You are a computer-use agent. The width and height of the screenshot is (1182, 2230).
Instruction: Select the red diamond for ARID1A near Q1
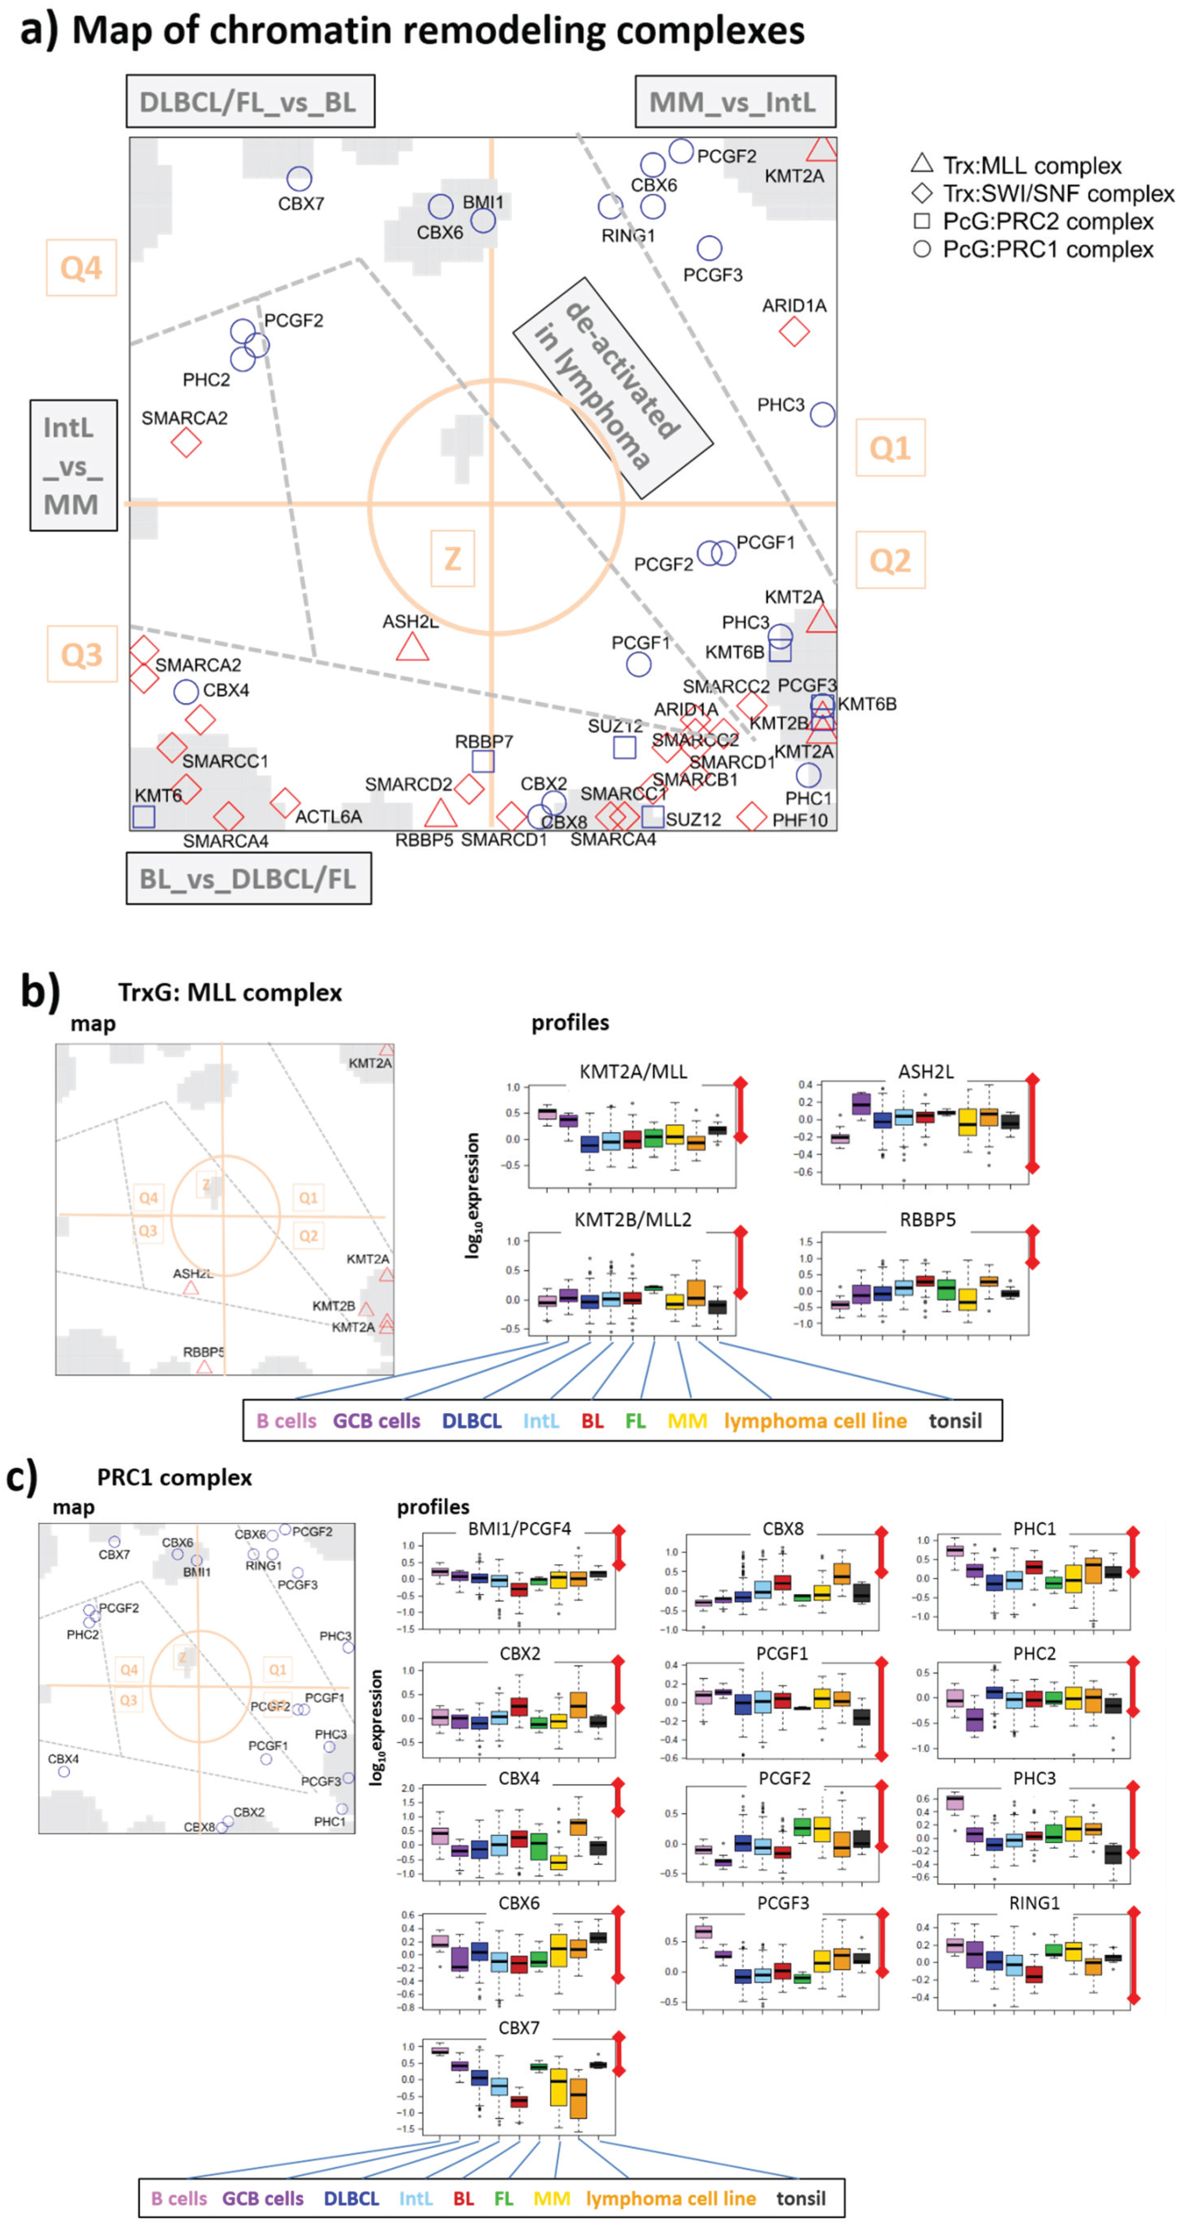coord(794,331)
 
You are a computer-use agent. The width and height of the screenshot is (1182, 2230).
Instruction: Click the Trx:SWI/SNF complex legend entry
coord(1057,194)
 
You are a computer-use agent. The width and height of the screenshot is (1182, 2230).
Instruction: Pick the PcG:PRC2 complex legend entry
coord(1047,222)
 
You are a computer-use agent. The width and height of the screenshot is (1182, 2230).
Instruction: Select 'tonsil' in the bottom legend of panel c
coord(801,2198)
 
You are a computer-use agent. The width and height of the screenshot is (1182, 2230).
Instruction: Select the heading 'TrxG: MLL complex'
coord(230,992)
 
